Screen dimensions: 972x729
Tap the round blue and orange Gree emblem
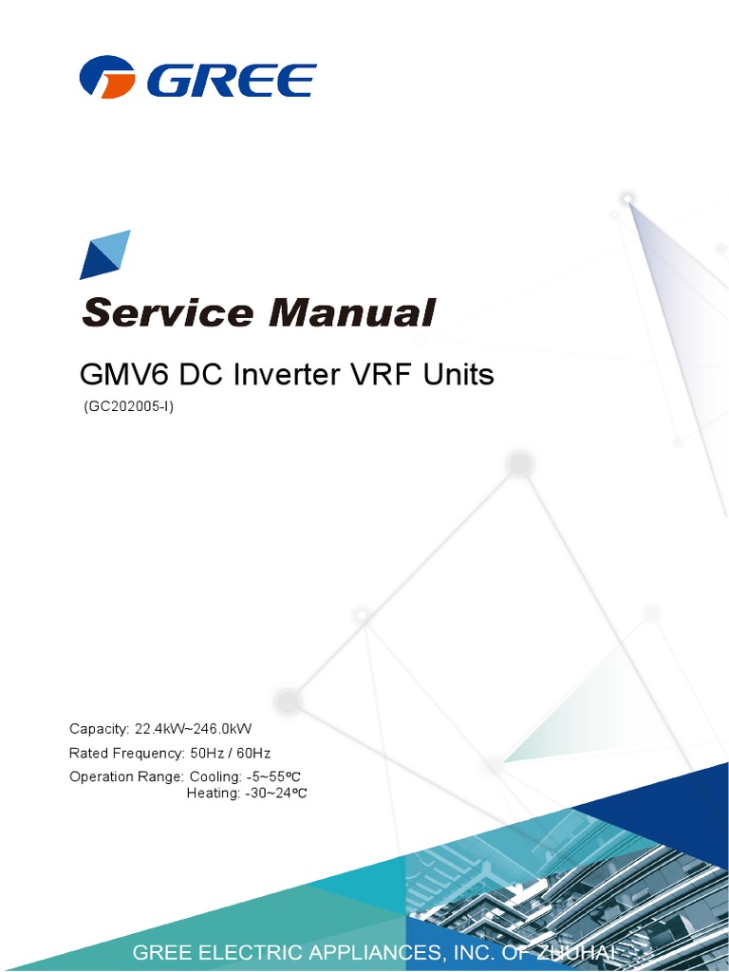click(x=111, y=78)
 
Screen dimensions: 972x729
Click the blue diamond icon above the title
click(x=104, y=253)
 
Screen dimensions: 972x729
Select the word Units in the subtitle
click(x=455, y=375)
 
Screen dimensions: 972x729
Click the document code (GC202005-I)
click(x=129, y=407)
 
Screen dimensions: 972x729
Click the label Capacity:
click(x=99, y=729)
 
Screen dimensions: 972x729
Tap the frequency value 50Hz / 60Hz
click(x=231, y=754)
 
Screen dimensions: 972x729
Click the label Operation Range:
click(x=126, y=777)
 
